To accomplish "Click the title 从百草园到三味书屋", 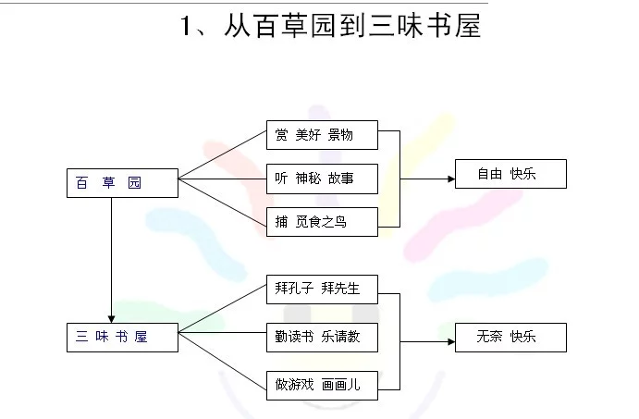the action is (353, 25).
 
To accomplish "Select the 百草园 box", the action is (122, 183).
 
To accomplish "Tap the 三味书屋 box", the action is (122, 338).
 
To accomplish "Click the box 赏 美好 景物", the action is (322, 135).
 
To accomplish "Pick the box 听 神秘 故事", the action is (322, 179).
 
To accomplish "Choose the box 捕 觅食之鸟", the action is (322, 222).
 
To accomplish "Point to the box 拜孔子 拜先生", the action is (322, 290).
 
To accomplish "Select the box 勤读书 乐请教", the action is (322, 338).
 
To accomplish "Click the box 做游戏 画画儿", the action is (322, 386).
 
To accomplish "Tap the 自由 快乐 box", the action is (510, 174).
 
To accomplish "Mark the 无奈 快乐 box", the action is (510, 338).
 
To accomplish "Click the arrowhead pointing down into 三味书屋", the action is (111, 319).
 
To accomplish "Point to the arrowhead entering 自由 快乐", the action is (451, 179).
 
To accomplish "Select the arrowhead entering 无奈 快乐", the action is (451, 341).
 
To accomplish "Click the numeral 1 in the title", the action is (186, 26).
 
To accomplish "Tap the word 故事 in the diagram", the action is (340, 179).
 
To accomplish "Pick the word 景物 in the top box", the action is (340, 134).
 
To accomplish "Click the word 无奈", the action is (489, 337).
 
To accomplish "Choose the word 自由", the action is (490, 174).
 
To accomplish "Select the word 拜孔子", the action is (294, 289).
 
